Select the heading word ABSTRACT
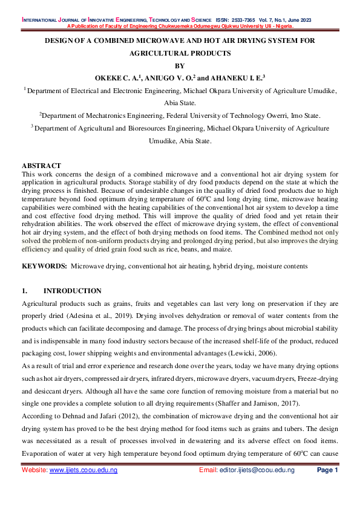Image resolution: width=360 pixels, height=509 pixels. point(42,165)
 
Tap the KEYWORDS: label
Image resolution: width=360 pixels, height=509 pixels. point(44,266)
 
